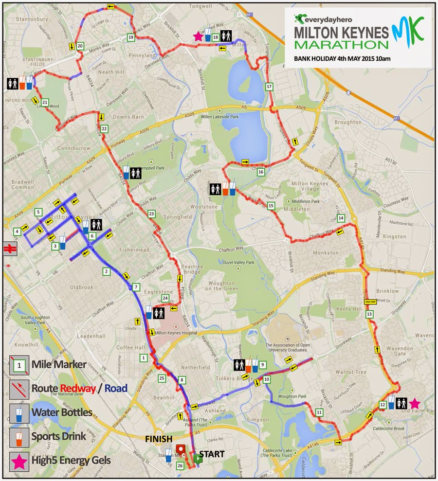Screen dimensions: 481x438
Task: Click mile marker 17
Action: point(269,87)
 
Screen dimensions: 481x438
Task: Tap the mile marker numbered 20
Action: point(80,46)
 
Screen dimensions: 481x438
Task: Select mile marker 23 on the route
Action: point(151,214)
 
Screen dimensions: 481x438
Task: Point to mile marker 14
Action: point(341,217)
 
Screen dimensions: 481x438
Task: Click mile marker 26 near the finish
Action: point(181,466)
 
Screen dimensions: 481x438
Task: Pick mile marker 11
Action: point(319,412)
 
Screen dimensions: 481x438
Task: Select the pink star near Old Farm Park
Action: point(414,403)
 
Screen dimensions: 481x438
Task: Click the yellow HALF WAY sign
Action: point(370,302)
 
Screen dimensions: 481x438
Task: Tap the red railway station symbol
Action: point(9,248)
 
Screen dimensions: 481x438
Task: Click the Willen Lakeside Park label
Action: point(218,117)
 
